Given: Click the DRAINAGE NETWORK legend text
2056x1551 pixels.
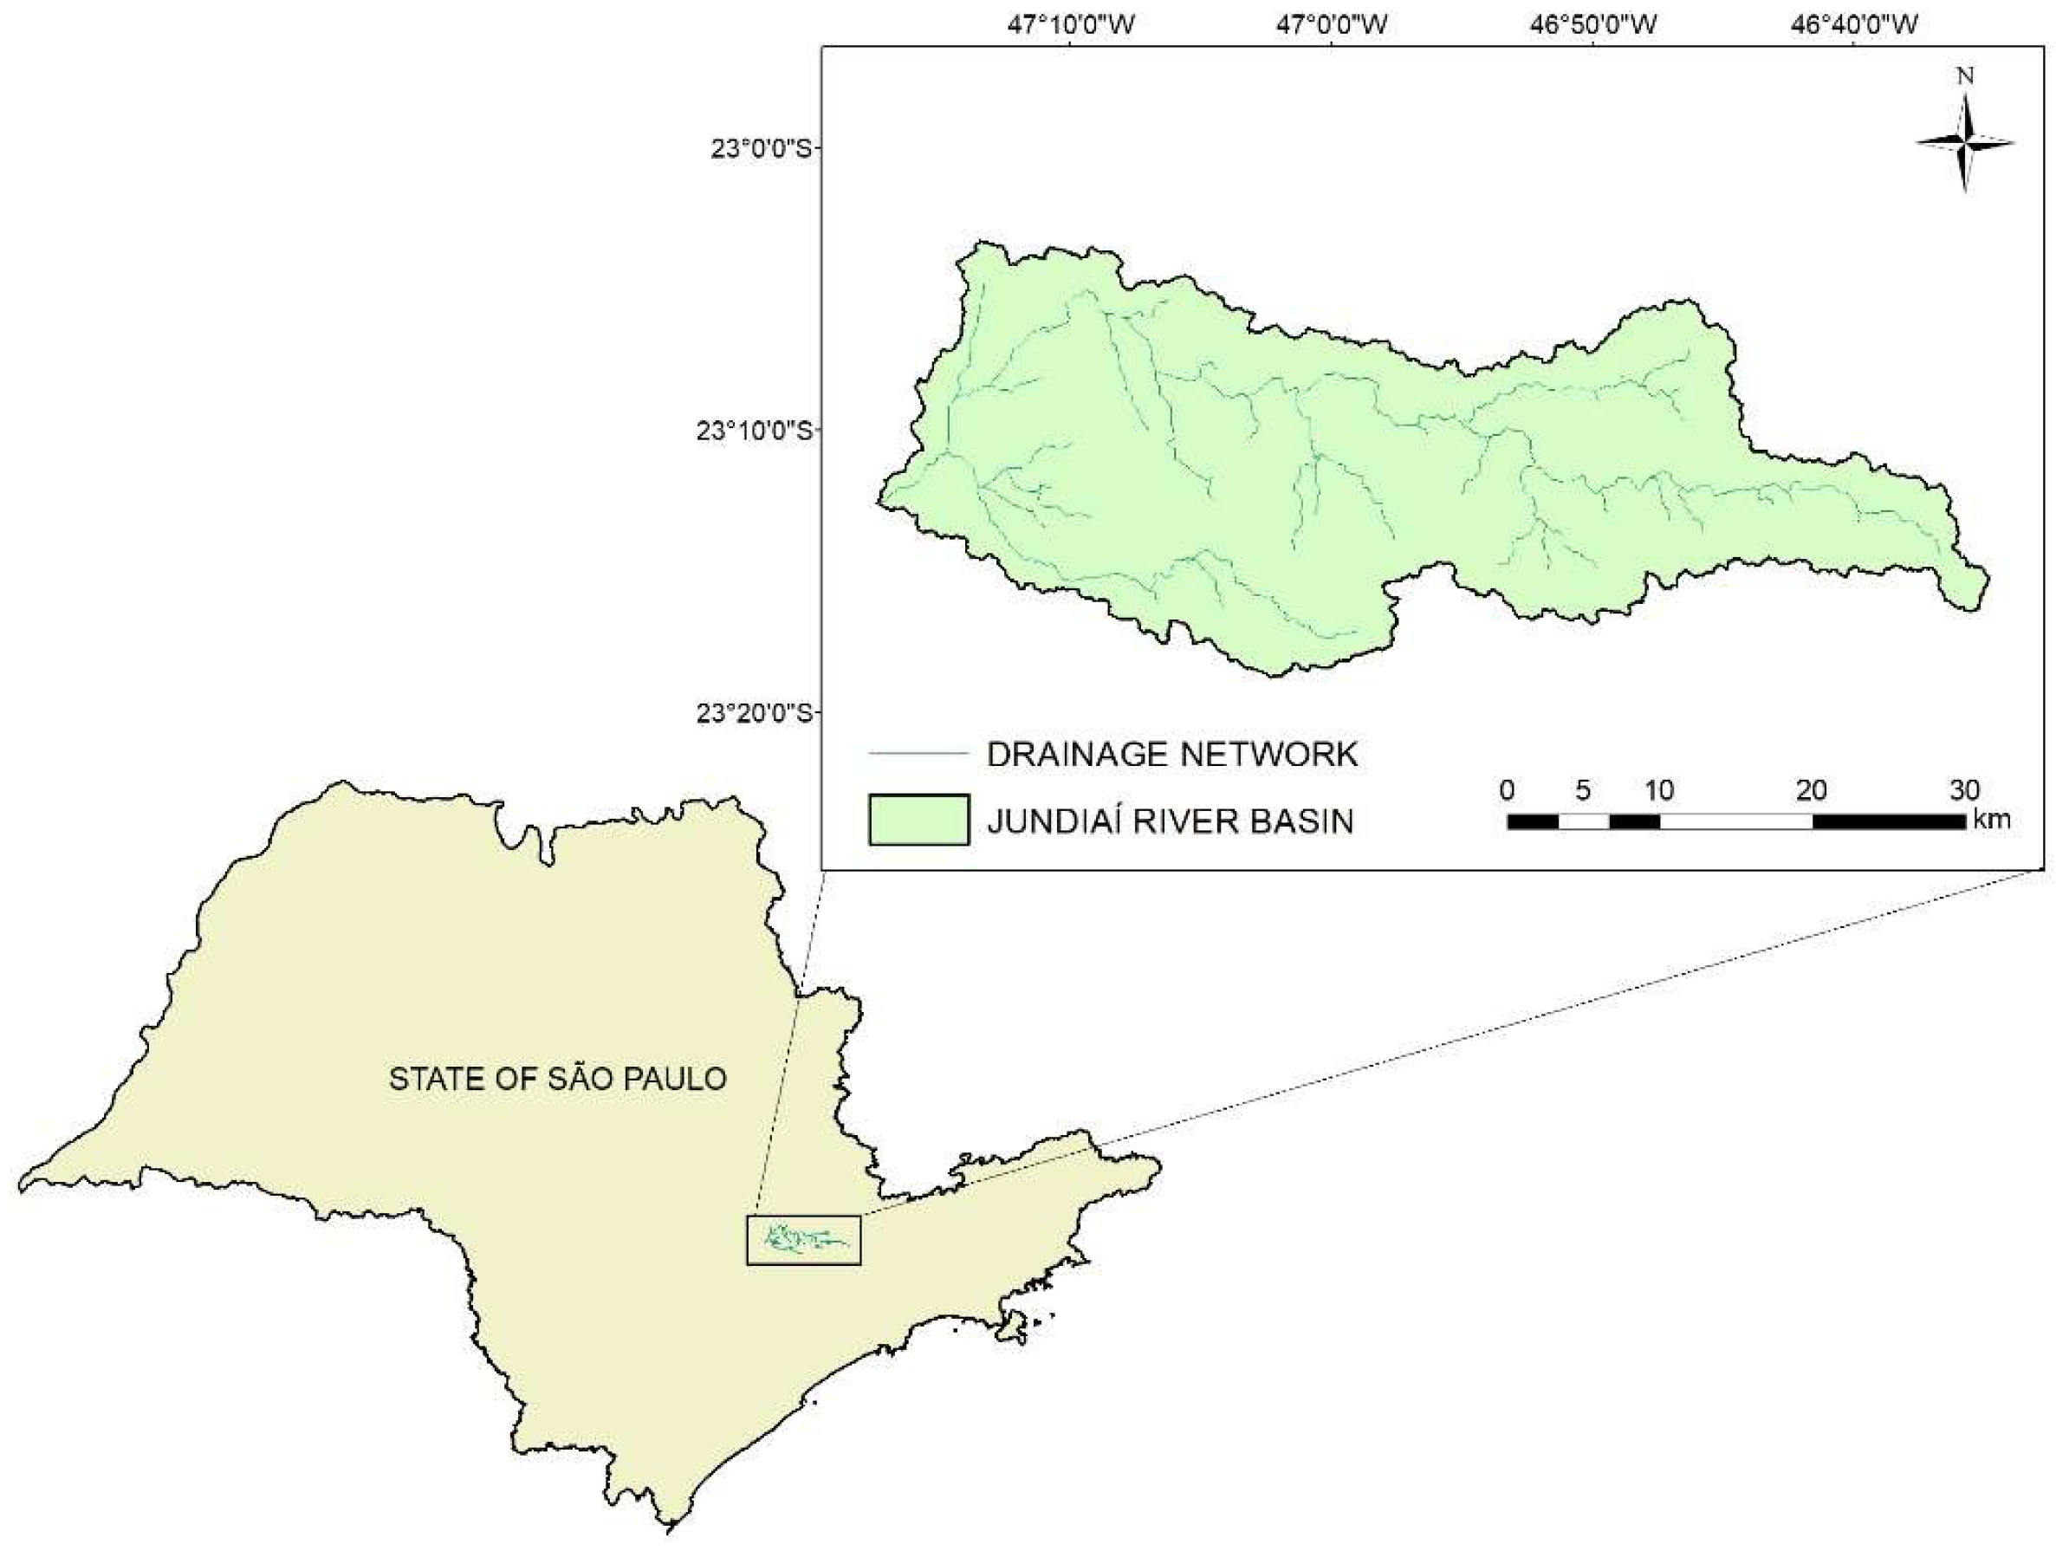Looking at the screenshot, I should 1172,754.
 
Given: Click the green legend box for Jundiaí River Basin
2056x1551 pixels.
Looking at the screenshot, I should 918,820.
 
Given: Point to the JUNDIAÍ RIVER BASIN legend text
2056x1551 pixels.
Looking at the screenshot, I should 1171,821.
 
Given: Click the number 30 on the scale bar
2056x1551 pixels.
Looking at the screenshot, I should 1964,791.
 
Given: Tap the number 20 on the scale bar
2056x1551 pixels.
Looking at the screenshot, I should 1812,791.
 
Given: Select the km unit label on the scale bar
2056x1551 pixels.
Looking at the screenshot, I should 1991,820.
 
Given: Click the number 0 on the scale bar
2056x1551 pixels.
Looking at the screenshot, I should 1508,791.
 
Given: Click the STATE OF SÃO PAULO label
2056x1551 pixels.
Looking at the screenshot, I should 558,1079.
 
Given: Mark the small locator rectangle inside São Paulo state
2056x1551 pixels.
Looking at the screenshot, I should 804,1240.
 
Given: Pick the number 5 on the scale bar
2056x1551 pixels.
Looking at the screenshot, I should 1583,791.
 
